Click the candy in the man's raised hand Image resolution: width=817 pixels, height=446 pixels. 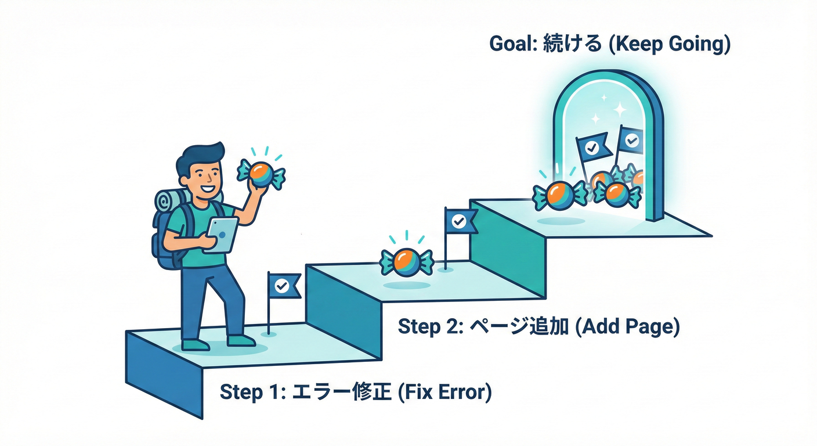point(261,172)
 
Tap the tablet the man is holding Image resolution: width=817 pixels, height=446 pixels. point(222,235)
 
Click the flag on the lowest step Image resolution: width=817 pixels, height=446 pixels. point(284,286)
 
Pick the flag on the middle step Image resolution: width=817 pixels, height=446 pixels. point(460,221)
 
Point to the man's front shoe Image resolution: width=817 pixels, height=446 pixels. point(241,340)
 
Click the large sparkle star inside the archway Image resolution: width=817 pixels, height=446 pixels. point(619,109)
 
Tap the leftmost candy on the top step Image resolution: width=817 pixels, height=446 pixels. point(559,193)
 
